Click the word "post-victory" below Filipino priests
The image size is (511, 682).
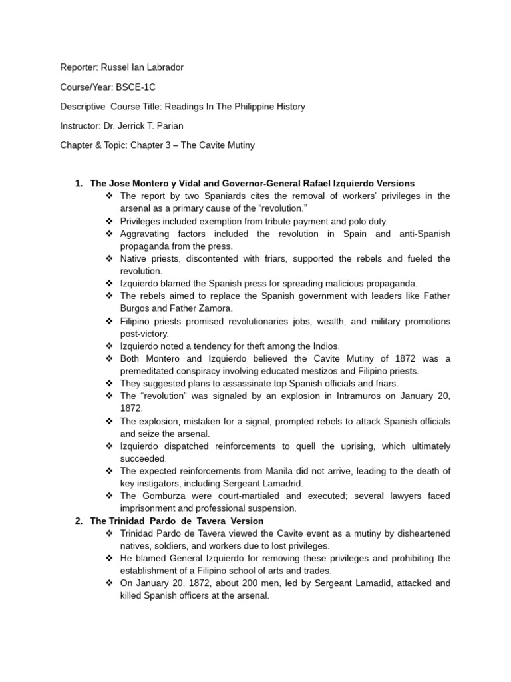145,334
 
